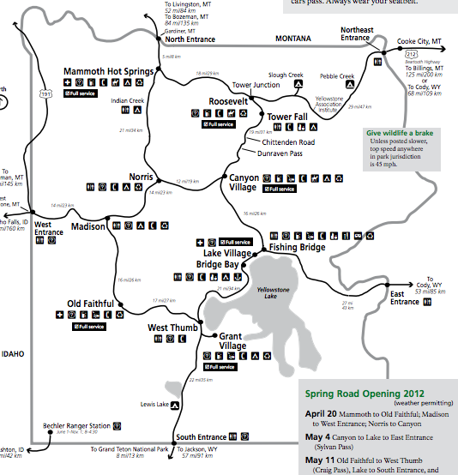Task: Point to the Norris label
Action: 141,176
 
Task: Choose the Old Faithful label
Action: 92,304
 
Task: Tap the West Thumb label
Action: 172,328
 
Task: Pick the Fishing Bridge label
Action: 296,248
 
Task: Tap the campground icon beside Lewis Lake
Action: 173,404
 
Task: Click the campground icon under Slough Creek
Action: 298,85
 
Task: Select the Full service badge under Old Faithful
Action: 89,327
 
